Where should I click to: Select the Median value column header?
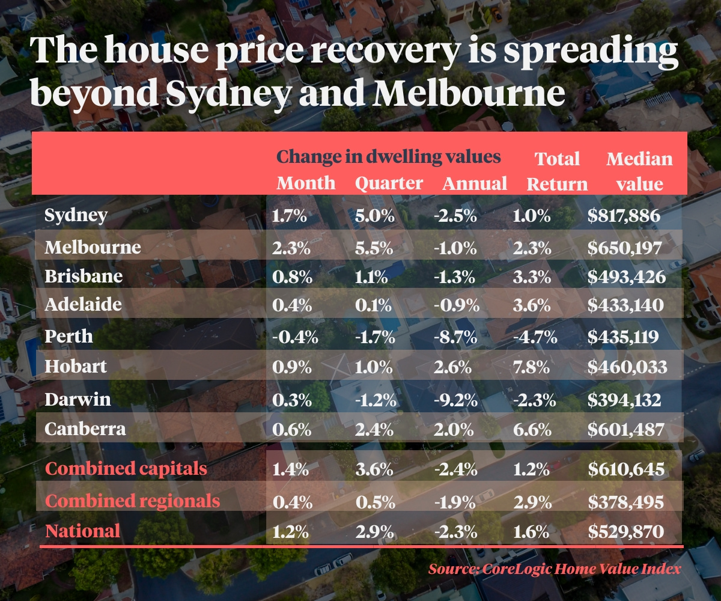click(x=639, y=171)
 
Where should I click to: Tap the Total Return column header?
click(x=557, y=171)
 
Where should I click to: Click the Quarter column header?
click(x=389, y=183)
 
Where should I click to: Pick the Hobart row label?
click(x=76, y=366)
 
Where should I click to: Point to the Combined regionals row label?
click(x=133, y=501)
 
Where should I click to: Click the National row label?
click(x=83, y=531)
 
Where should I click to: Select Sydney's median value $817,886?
click(x=624, y=216)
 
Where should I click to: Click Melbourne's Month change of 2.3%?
click(x=293, y=248)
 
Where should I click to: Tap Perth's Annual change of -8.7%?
click(x=455, y=337)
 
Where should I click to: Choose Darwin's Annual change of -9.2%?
click(x=455, y=400)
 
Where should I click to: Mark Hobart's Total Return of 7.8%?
click(x=532, y=367)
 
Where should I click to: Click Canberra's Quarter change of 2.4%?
click(x=374, y=430)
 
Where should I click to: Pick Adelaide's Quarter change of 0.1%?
click(x=373, y=305)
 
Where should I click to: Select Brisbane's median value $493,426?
click(x=626, y=276)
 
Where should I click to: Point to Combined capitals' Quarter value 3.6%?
click(x=374, y=469)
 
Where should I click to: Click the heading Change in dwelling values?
click(x=388, y=157)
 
